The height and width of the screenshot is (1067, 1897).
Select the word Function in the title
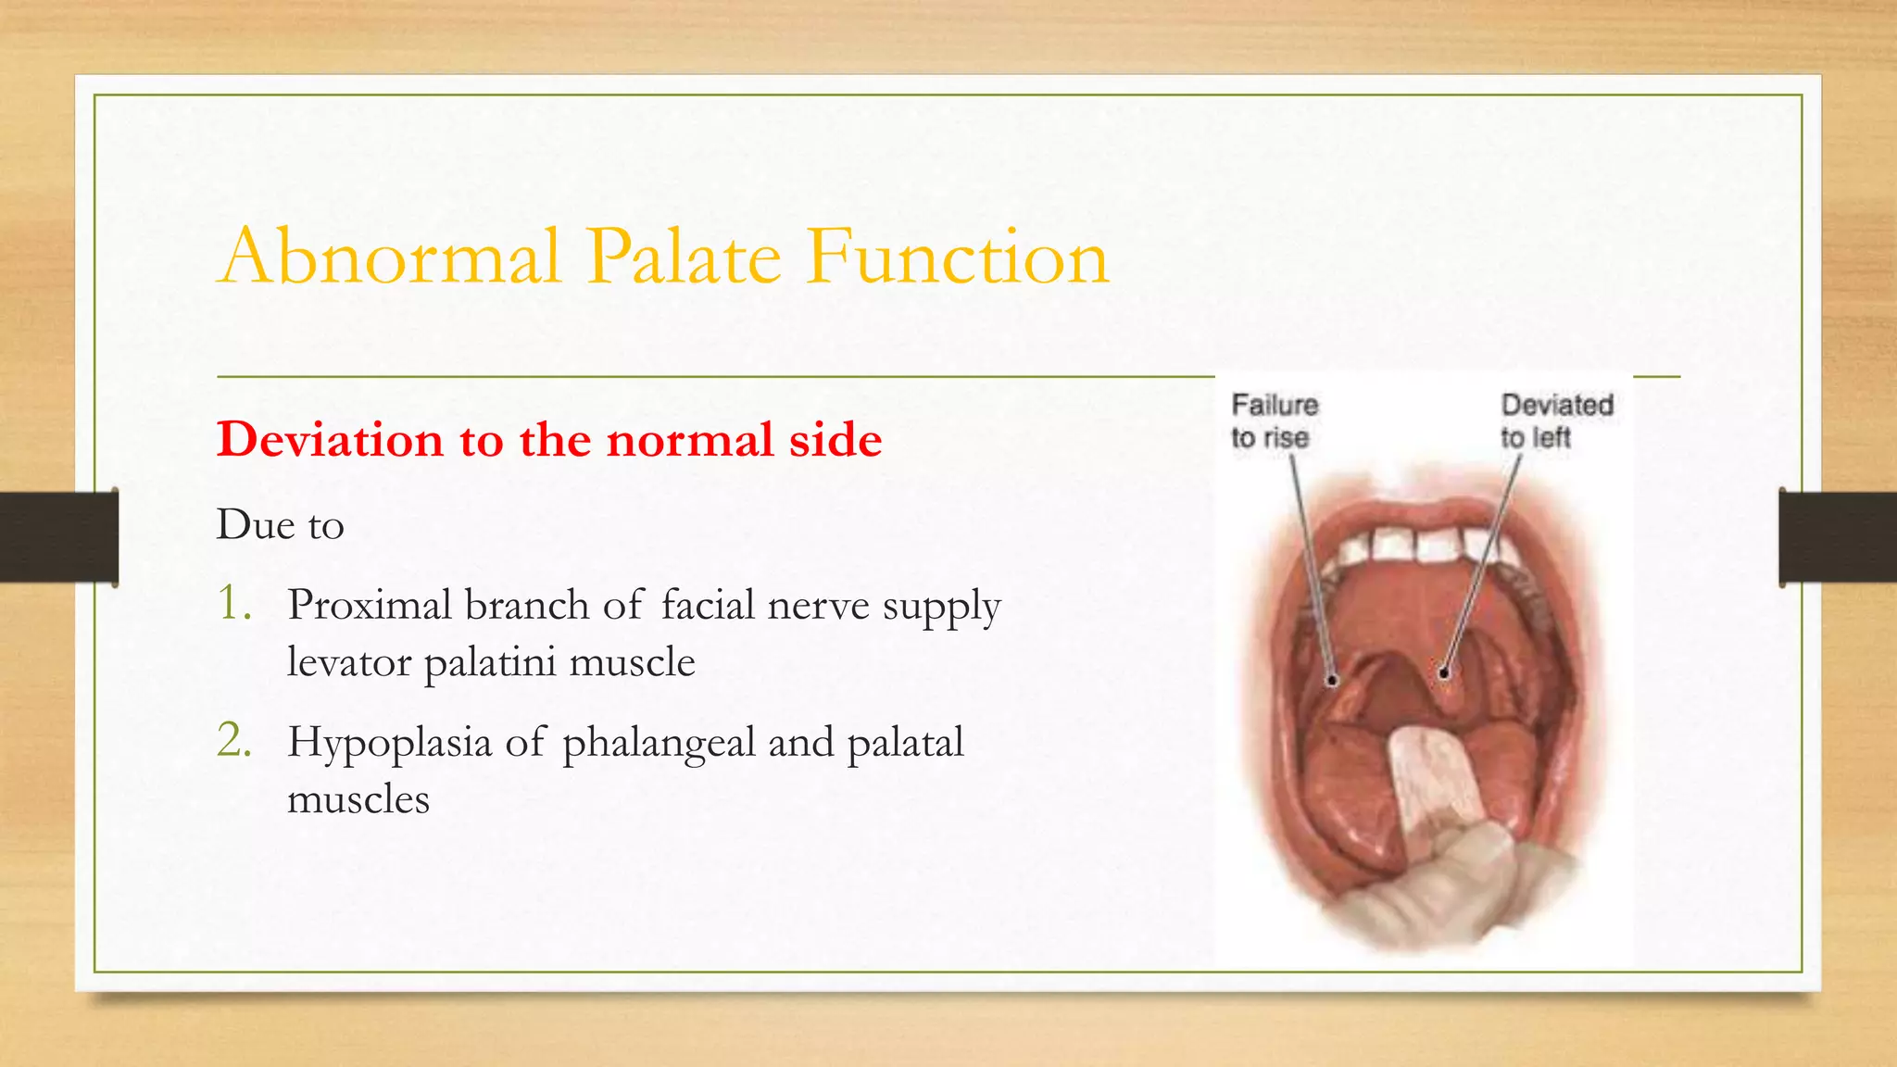coord(957,257)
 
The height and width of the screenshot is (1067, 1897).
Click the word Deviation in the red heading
coord(330,439)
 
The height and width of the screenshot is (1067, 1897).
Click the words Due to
coord(280,525)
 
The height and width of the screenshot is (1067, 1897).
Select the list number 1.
coord(233,603)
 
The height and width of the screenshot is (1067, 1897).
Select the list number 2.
coord(233,740)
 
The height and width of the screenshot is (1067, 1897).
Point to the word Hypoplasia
coord(389,744)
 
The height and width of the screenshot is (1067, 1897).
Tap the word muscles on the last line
coord(358,799)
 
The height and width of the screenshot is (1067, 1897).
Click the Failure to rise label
coord(1274,421)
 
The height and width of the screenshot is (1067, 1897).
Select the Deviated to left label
coord(1556,421)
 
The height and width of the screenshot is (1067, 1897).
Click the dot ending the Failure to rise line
coord(1332,681)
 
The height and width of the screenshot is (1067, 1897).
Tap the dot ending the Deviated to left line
coord(1444,673)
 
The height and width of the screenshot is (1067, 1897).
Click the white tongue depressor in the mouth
coord(1431,778)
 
